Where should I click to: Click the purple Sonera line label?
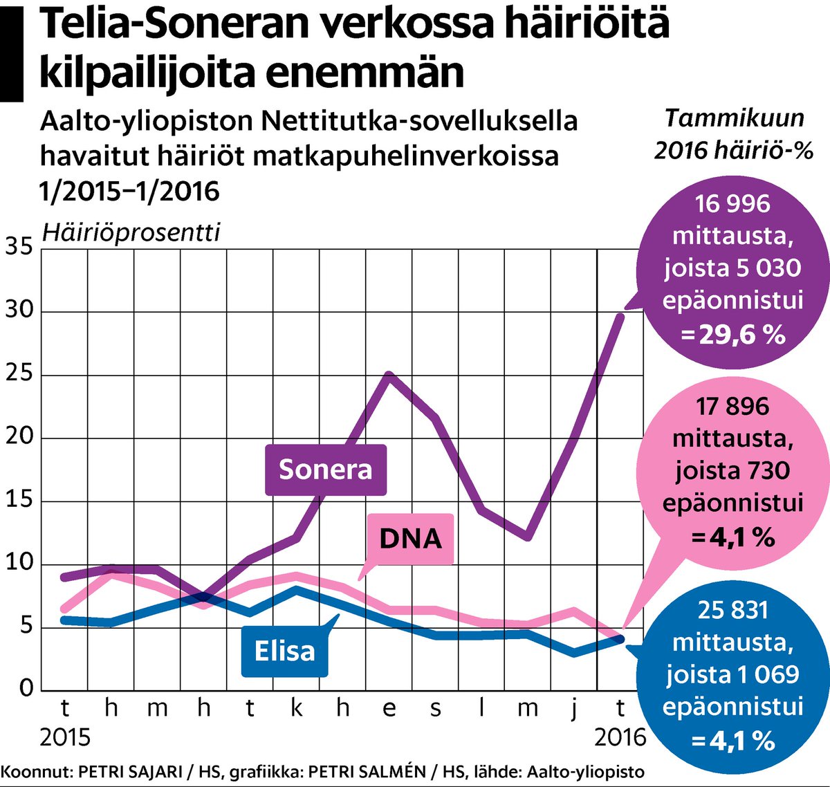[x=325, y=470]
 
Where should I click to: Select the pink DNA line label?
[x=410, y=538]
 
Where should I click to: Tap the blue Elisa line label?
[x=284, y=651]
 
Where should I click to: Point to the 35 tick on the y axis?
[x=19, y=247]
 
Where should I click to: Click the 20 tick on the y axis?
[x=19, y=437]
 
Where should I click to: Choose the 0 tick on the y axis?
[x=26, y=687]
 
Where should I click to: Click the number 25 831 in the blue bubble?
[x=733, y=610]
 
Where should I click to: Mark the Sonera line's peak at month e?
[x=389, y=376]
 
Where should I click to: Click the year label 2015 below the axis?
[x=65, y=737]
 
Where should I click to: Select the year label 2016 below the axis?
[x=620, y=737]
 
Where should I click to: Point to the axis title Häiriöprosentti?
[x=131, y=232]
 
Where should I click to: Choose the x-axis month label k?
[x=297, y=708]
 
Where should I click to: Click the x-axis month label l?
[x=481, y=708]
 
